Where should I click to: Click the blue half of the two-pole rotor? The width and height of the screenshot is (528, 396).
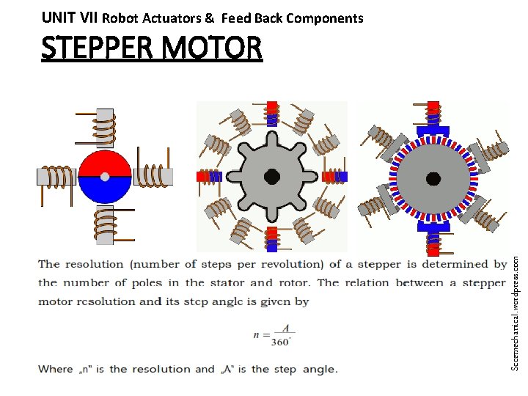pos(105,190)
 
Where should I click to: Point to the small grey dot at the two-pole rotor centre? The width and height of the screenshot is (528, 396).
pos(105,177)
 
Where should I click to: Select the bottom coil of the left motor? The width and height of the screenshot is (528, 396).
pos(105,223)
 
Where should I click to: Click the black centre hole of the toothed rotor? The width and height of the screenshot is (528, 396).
pos(272,177)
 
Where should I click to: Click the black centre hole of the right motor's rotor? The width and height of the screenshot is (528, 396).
pos(433,177)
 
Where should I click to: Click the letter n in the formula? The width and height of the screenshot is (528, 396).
pos(257,334)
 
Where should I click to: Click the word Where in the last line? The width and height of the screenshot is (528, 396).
pos(56,369)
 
